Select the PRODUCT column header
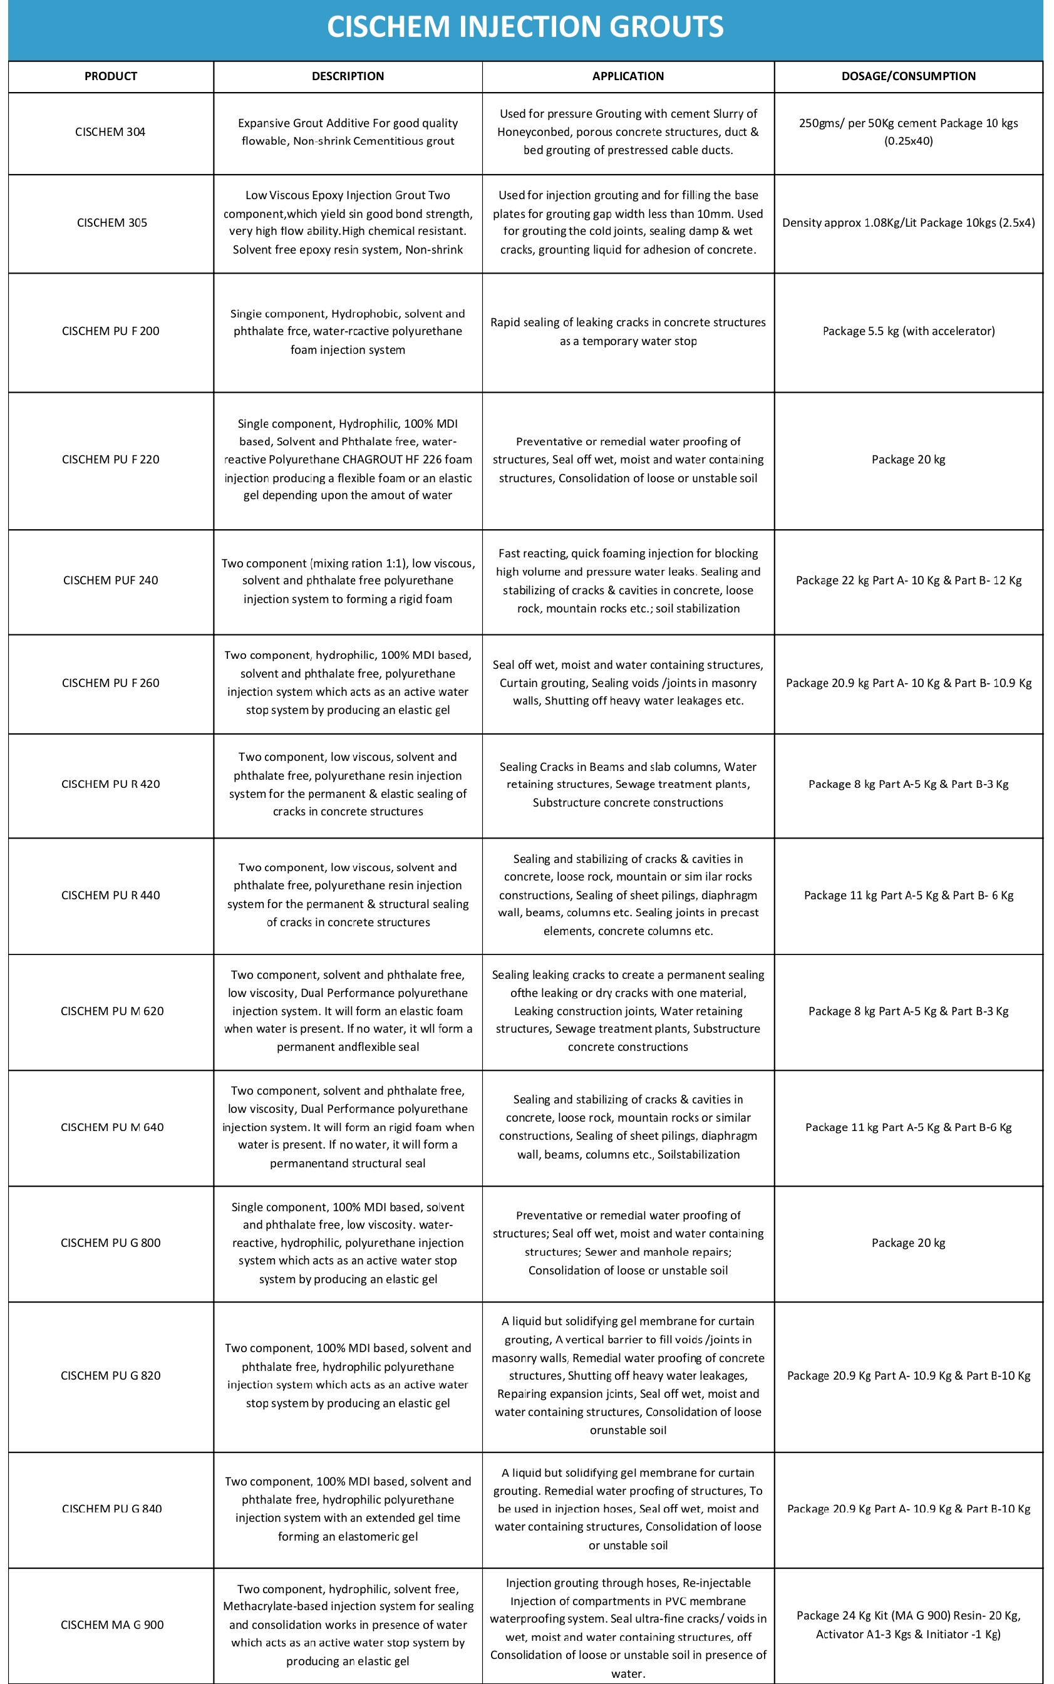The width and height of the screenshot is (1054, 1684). tap(110, 76)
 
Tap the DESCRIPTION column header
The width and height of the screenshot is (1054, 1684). tap(347, 76)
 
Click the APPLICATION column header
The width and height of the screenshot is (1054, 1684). tap(628, 76)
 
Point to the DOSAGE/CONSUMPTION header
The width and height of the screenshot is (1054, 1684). tap(907, 76)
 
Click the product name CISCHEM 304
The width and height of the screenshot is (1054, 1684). tap(110, 132)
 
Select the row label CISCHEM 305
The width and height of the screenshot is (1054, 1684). tap(111, 222)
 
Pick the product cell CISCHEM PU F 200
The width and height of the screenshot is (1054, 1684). tap(110, 331)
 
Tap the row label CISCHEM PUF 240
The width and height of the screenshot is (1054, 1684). tap(110, 580)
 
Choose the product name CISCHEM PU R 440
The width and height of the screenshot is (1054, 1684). tap(110, 895)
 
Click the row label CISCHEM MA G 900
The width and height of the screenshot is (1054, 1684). tap(111, 1625)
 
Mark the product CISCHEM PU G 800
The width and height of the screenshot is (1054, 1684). tap(110, 1242)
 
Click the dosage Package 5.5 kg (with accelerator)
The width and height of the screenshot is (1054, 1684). tap(907, 331)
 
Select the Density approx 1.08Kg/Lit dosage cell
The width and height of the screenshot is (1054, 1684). tap(907, 222)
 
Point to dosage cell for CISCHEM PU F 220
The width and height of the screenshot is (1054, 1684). tap(907, 459)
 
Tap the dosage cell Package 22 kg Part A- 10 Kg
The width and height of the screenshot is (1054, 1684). tap(907, 580)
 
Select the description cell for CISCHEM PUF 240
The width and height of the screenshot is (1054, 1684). tap(347, 581)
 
